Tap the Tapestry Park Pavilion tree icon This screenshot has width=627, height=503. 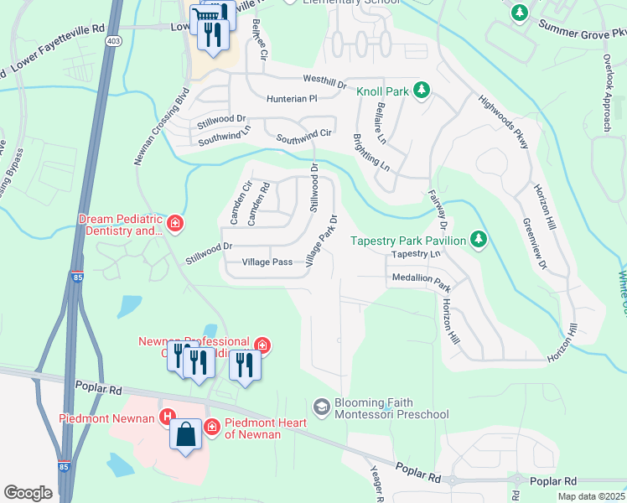(x=478, y=241)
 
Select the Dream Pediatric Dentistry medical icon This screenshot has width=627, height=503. (x=174, y=224)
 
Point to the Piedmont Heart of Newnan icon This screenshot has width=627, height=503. (x=211, y=427)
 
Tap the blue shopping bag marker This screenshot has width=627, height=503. (x=186, y=436)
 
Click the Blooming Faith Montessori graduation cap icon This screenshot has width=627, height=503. (x=321, y=407)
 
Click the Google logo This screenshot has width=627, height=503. (x=28, y=493)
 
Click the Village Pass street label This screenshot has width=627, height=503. (x=267, y=262)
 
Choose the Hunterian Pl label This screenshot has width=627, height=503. (x=292, y=98)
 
